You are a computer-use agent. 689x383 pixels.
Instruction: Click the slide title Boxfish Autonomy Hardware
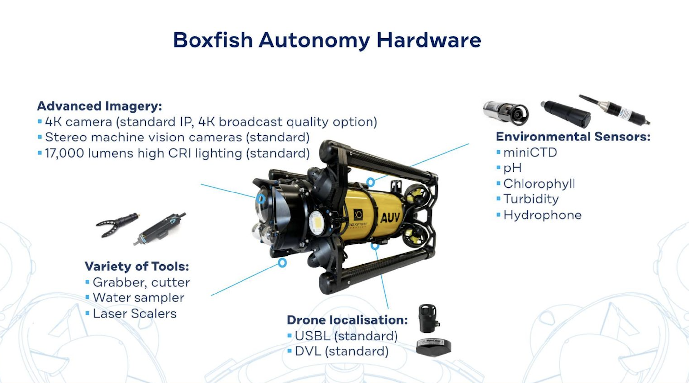[327, 40]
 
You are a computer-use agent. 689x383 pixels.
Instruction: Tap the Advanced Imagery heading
[99, 106]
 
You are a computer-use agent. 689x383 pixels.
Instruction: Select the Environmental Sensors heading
[573, 137]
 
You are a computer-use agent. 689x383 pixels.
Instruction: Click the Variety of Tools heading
[137, 266]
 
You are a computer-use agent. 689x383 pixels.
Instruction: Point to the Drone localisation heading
[347, 320]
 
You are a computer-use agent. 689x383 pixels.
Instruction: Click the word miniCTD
[530, 152]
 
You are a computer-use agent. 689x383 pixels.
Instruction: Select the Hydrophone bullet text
[542, 215]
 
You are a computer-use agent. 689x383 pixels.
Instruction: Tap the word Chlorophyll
[539, 184]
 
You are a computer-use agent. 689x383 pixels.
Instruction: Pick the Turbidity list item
[531, 199]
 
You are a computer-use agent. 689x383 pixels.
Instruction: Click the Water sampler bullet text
[138, 298]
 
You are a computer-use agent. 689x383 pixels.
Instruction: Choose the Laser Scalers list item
[135, 314]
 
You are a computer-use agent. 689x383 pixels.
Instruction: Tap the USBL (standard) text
[346, 336]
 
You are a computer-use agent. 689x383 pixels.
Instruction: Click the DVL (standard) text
[342, 351]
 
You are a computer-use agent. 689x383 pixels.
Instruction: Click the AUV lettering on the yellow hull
[390, 217]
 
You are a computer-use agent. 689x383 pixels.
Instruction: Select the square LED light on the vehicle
[317, 223]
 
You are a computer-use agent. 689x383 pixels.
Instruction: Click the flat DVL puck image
[433, 347]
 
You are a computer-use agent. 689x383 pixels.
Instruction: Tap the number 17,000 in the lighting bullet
[64, 153]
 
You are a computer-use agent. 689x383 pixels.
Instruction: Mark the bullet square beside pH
[498, 168]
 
